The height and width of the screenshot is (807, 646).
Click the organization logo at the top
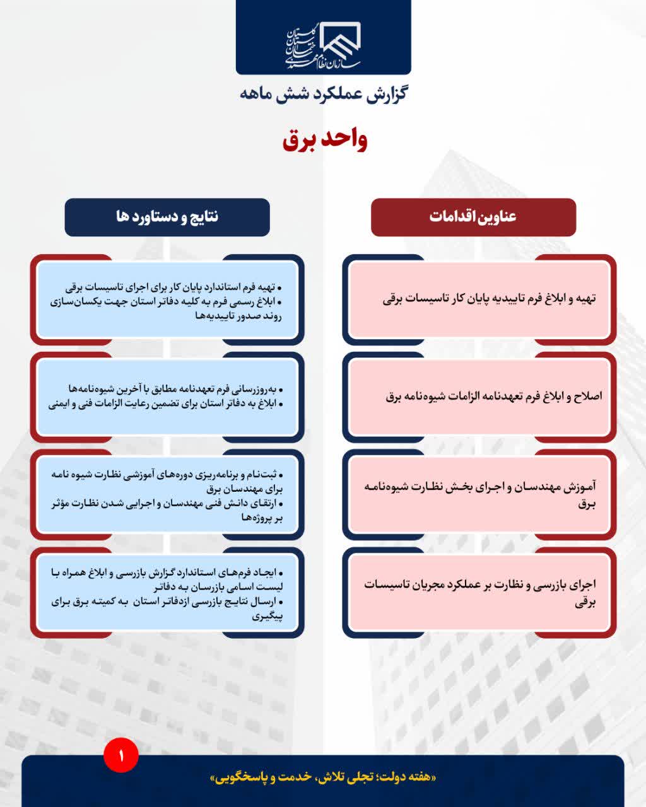[x=323, y=46]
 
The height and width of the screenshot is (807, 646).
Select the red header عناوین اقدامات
[x=473, y=216]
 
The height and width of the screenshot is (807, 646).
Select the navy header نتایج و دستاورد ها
[x=167, y=216]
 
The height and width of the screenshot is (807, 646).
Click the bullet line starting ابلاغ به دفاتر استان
[x=165, y=404]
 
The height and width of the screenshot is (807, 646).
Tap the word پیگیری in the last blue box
[x=267, y=617]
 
